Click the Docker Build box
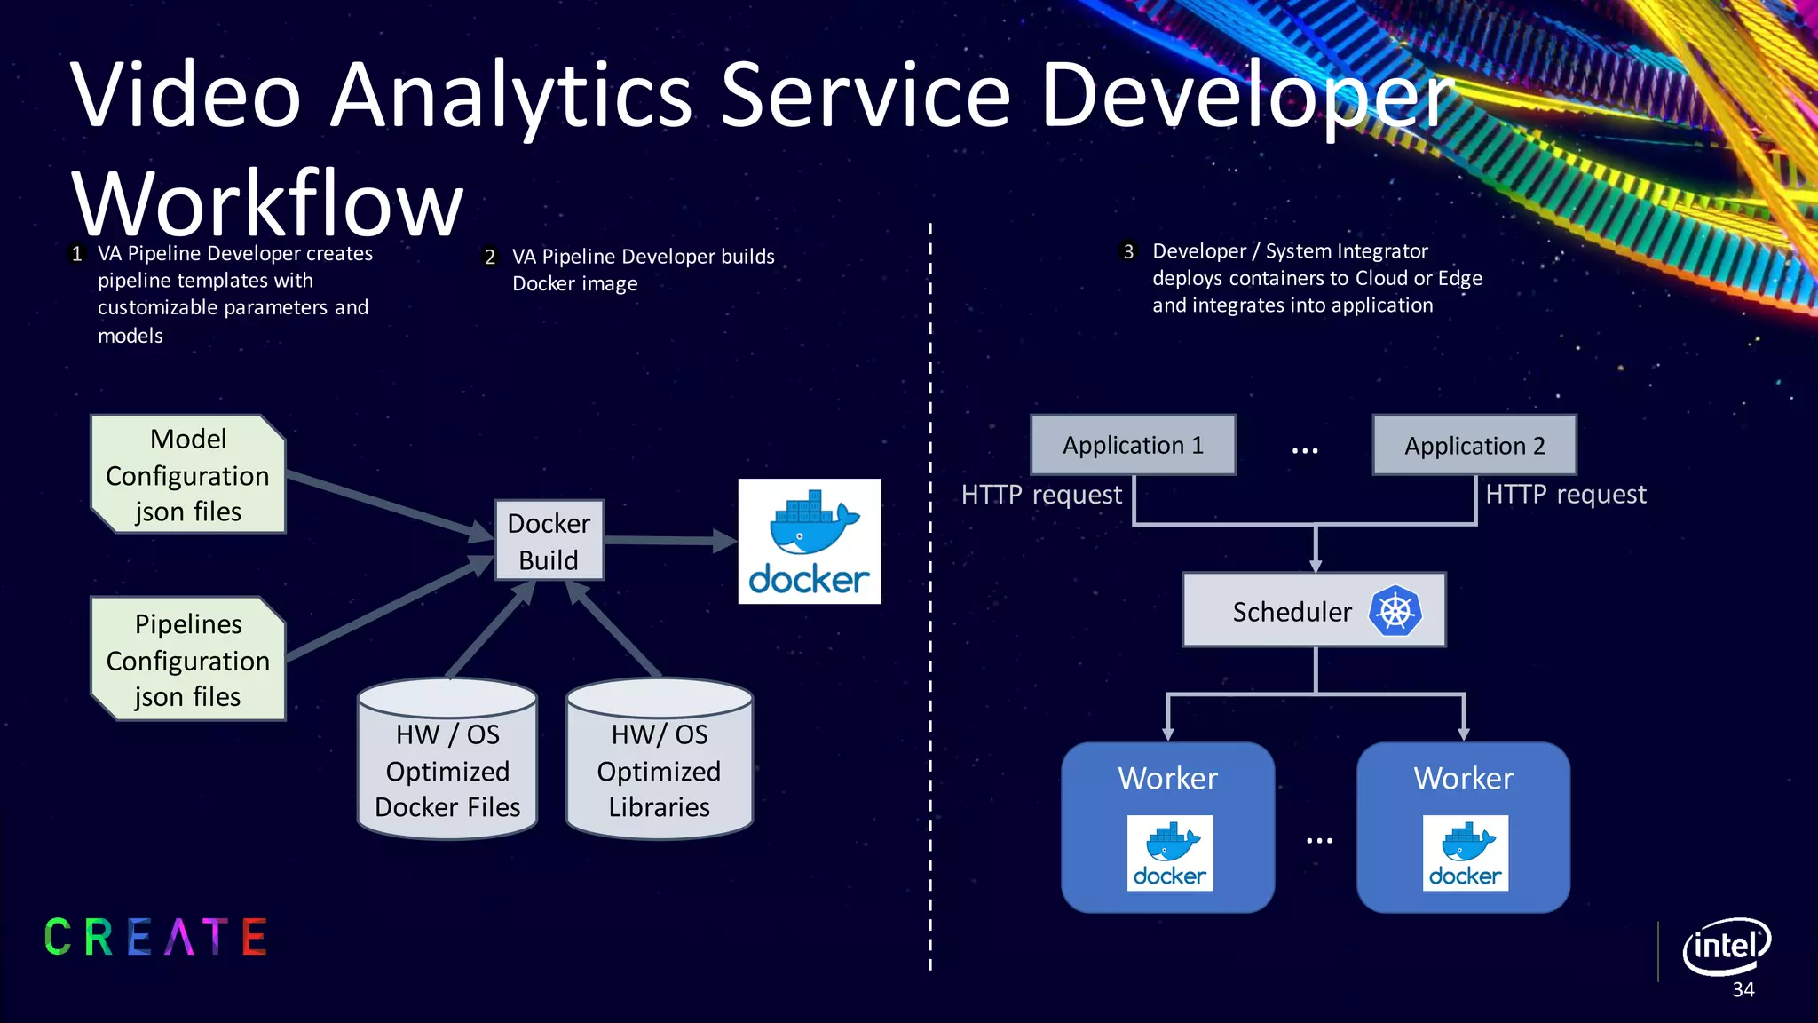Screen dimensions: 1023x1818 (549, 541)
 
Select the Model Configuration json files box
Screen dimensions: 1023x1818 (188, 474)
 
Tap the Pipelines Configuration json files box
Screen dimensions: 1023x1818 (188, 659)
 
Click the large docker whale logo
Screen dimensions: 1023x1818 (810, 542)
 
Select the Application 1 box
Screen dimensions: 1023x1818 (1133, 445)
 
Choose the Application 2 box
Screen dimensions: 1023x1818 (1474, 445)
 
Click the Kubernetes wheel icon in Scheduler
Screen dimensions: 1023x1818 (1395, 611)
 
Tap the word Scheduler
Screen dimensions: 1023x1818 (1292, 612)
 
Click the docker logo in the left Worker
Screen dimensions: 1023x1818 (1169, 852)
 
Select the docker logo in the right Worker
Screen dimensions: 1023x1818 (1465, 852)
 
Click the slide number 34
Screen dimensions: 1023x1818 (1743, 990)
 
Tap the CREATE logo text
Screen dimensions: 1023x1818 (156, 937)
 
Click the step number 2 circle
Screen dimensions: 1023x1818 (490, 258)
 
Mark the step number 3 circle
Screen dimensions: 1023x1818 (1128, 251)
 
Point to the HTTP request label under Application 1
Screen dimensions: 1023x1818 (1041, 495)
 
